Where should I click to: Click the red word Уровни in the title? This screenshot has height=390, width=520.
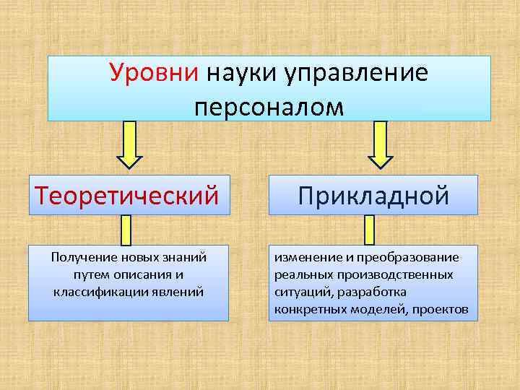[x=155, y=73]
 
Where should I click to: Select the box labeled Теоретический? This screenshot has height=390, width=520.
[x=129, y=195]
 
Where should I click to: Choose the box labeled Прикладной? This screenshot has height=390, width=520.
[x=373, y=195]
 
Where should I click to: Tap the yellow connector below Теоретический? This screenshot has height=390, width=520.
[x=125, y=230]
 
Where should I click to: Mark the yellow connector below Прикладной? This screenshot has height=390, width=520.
[x=370, y=230]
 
